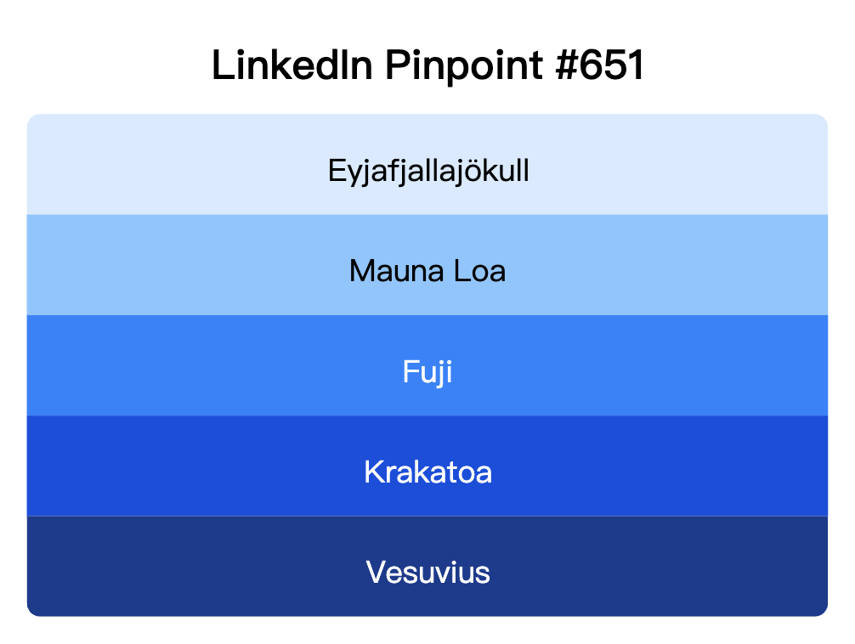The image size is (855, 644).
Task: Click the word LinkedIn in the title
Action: [x=292, y=66]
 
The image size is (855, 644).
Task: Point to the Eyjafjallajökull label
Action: [x=428, y=172]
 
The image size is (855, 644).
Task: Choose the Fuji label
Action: [x=427, y=372]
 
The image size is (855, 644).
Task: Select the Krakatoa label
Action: [x=427, y=472]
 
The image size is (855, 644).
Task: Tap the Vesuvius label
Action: [x=427, y=572]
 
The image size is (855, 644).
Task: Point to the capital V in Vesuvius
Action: [x=376, y=572]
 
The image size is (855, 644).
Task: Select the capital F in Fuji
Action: [x=410, y=372]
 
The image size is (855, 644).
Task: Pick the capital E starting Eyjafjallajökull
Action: [x=336, y=172]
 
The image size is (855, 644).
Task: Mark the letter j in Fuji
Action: [x=438, y=374]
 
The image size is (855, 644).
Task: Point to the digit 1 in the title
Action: [x=635, y=66]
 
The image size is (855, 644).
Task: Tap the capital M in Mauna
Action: [x=361, y=272]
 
